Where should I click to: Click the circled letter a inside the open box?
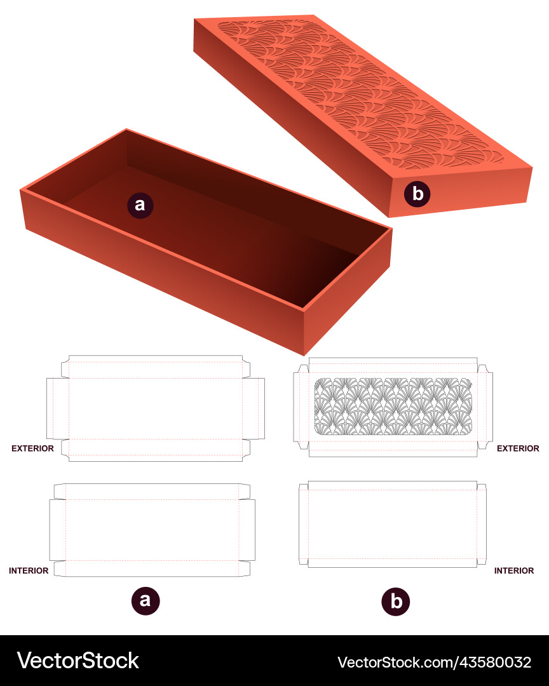pos(140,205)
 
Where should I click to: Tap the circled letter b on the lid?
pos(417,194)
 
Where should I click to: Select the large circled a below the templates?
pos(146,600)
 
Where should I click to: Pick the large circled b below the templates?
pos(396,601)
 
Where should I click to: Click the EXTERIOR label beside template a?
pos(32,448)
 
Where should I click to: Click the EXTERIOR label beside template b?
pos(518,448)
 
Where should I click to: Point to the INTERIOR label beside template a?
pos(29,570)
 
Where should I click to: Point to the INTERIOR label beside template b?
pos(514,570)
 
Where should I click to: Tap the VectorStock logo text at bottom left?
pos(78,661)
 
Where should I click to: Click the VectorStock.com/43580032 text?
pos(434,662)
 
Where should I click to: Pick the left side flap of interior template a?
pos(58,530)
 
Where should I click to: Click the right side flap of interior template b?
pos(482,525)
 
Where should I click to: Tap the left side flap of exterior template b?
pos(301,407)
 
